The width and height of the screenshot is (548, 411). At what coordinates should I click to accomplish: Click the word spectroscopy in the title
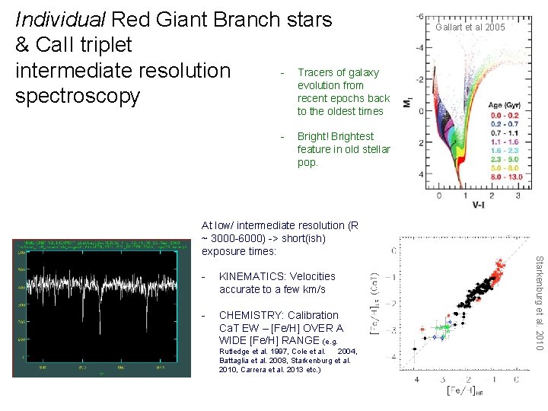(78, 96)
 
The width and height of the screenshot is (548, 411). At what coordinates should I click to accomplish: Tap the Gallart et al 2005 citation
(470, 27)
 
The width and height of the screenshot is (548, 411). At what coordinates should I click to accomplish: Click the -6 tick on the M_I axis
(419, 14)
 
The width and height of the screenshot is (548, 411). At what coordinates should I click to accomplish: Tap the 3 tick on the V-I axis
(518, 195)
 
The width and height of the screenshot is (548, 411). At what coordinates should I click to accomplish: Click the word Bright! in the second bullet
(314, 136)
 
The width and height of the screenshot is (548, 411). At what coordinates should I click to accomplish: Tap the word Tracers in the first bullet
(316, 72)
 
